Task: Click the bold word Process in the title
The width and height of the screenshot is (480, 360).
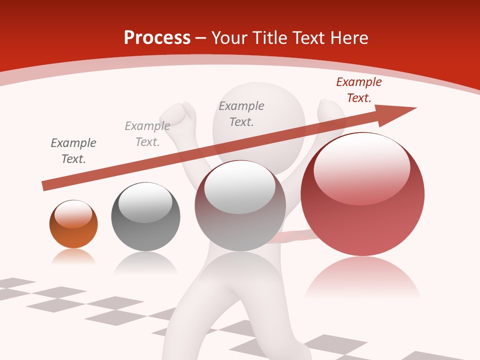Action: click(x=157, y=38)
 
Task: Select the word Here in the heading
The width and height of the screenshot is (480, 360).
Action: click(x=348, y=38)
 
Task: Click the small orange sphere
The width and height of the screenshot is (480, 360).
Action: click(x=73, y=224)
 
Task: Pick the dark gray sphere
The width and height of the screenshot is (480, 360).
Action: click(x=145, y=217)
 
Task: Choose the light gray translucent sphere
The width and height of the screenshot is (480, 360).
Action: click(x=240, y=206)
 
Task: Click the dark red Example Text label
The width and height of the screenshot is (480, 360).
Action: click(x=358, y=90)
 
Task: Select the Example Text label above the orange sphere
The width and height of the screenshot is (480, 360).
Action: click(x=73, y=151)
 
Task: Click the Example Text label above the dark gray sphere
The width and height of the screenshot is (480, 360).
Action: click(x=147, y=134)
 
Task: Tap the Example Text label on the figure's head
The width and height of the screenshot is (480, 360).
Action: click(x=241, y=114)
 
